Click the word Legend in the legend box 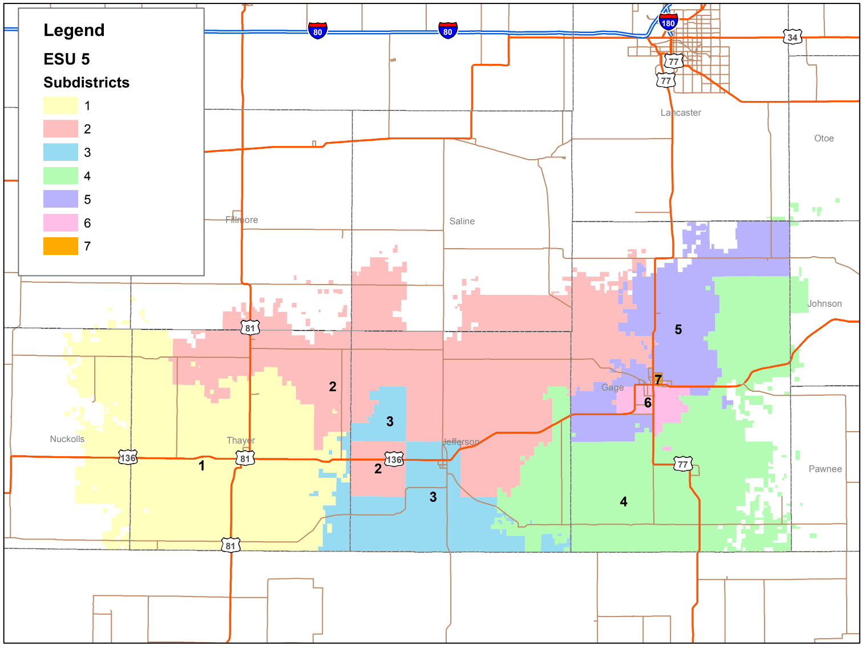click(74, 30)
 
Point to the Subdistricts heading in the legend click(86, 83)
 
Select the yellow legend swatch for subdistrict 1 click(60, 106)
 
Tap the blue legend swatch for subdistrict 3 click(60, 152)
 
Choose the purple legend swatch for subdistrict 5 click(60, 199)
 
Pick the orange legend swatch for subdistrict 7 click(60, 246)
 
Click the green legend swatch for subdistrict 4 click(60, 176)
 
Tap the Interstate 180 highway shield click(668, 23)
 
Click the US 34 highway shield click(792, 38)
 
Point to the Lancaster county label click(681, 113)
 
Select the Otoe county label click(824, 139)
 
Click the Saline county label click(462, 221)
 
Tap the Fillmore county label click(241, 220)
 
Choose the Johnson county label click(824, 304)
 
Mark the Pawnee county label click(825, 469)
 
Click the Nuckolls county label click(67, 439)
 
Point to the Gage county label click(612, 388)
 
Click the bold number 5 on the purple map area click(678, 330)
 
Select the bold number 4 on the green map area click(624, 502)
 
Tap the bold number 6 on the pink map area click(648, 403)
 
